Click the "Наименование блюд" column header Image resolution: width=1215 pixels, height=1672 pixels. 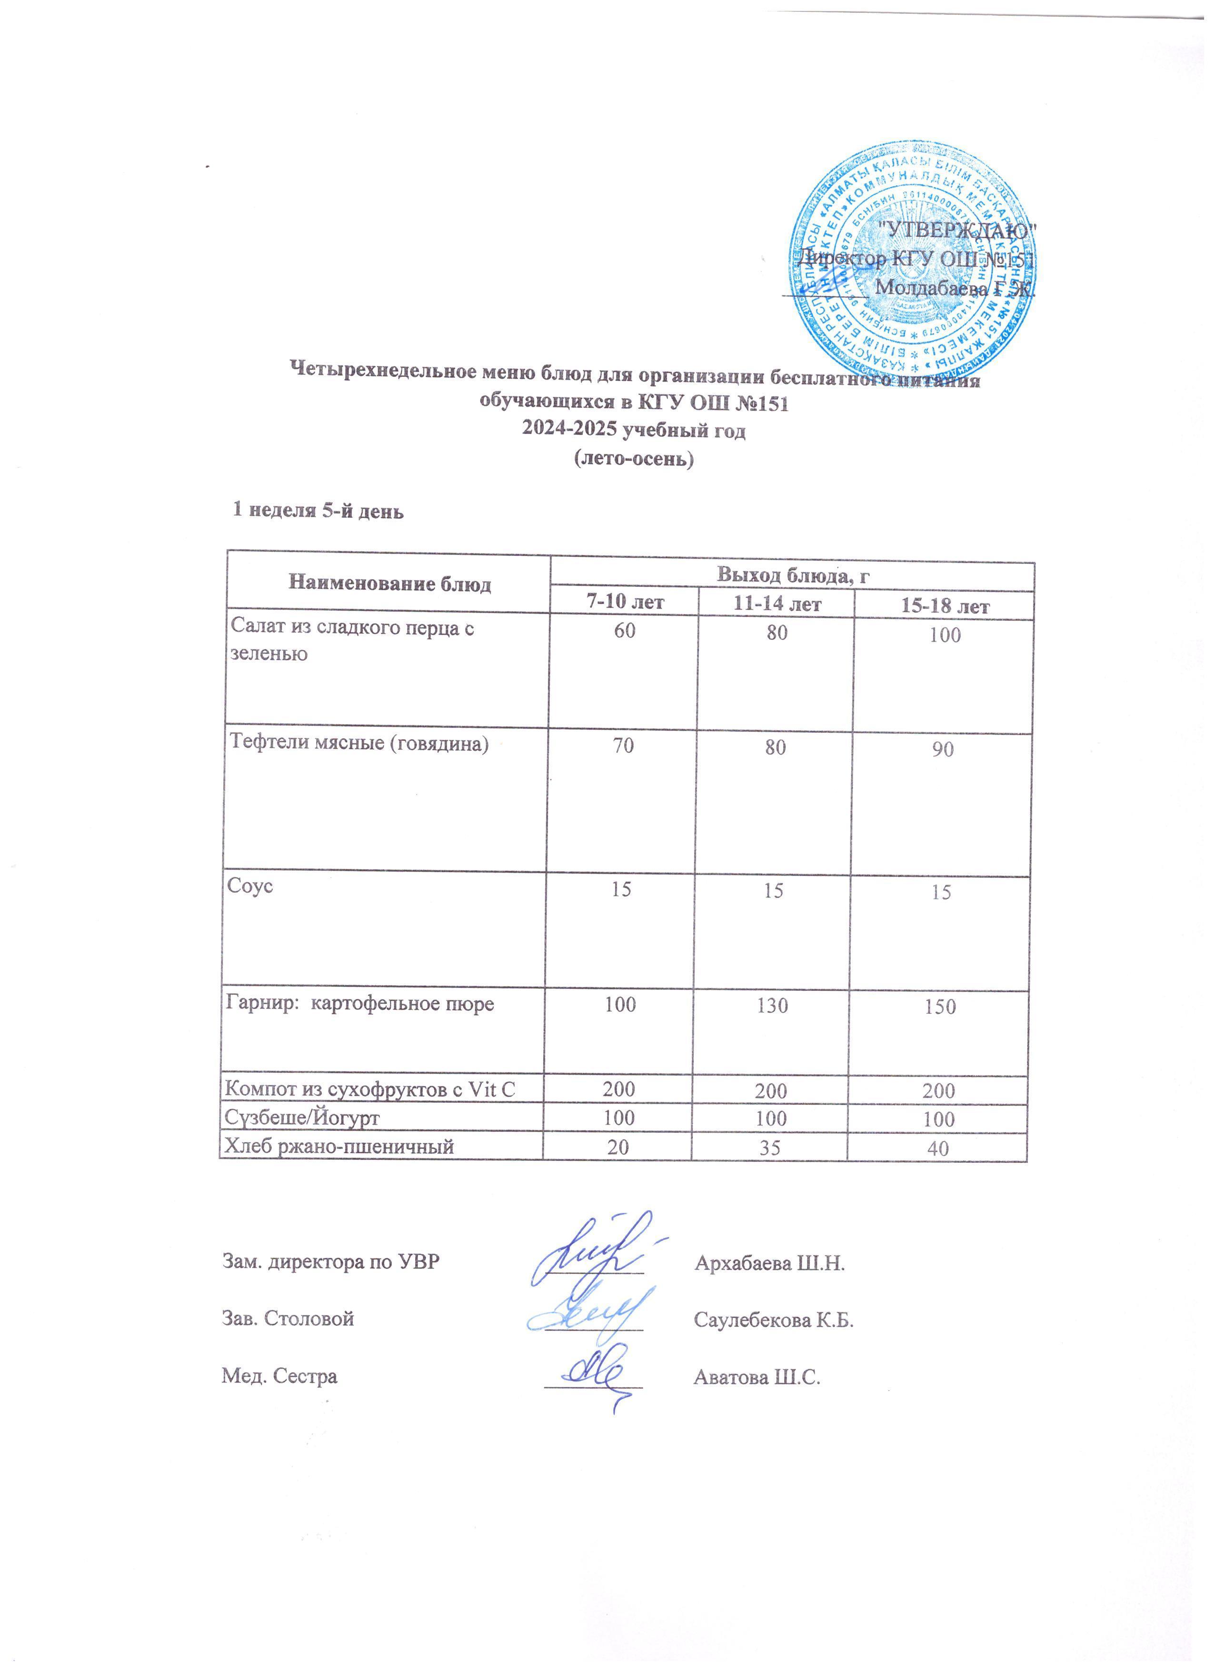point(390,584)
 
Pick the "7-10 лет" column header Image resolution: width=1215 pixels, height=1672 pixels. point(624,602)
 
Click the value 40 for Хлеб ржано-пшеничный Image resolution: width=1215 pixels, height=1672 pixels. point(938,1148)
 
